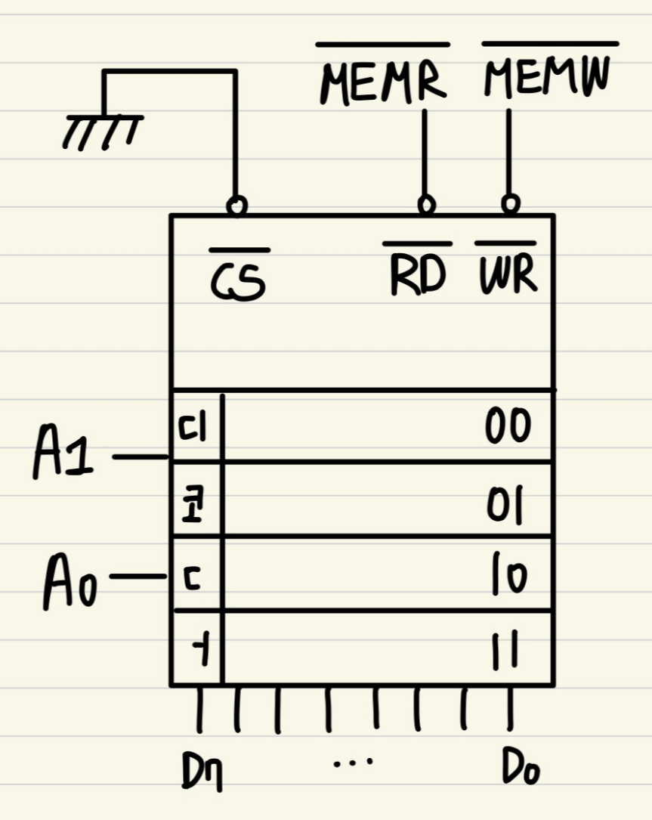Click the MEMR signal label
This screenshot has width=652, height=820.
(x=383, y=82)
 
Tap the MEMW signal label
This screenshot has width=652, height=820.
(x=547, y=79)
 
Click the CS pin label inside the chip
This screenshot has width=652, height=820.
(x=239, y=280)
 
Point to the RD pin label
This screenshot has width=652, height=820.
(x=418, y=276)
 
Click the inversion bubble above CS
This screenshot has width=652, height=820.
(x=237, y=205)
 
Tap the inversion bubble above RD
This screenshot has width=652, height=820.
(x=427, y=204)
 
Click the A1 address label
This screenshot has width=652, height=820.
(x=63, y=456)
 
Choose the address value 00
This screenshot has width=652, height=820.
(x=508, y=426)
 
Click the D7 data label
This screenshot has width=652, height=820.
(x=202, y=772)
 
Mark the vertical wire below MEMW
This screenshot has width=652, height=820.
(x=509, y=151)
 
